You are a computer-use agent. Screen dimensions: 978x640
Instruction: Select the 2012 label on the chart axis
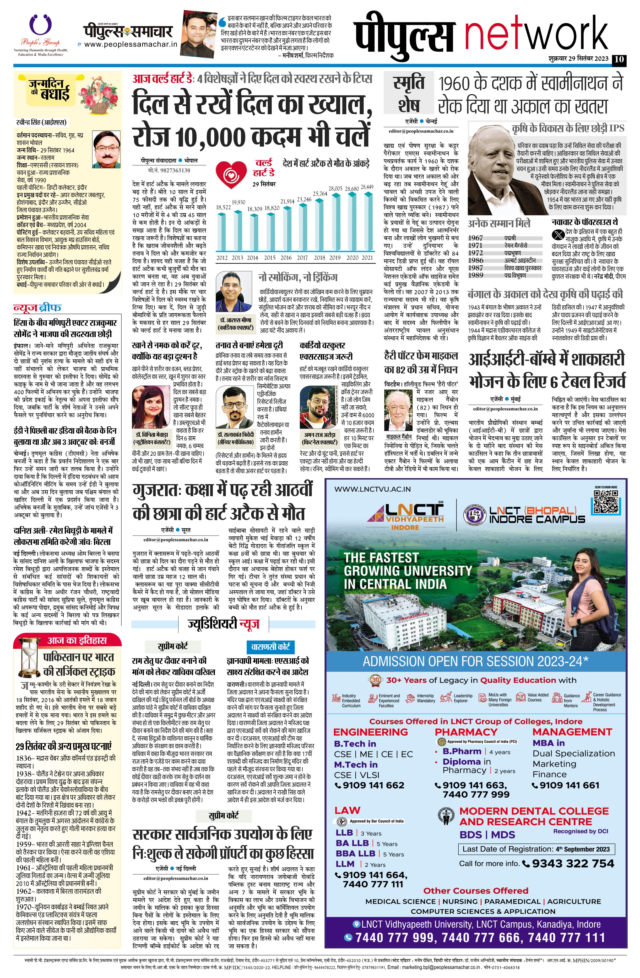[222, 258]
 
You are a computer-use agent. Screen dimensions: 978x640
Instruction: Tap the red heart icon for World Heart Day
[231, 175]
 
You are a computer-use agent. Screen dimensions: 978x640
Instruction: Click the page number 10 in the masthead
[619, 59]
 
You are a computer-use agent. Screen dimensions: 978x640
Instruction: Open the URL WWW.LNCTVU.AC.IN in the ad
[372, 489]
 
